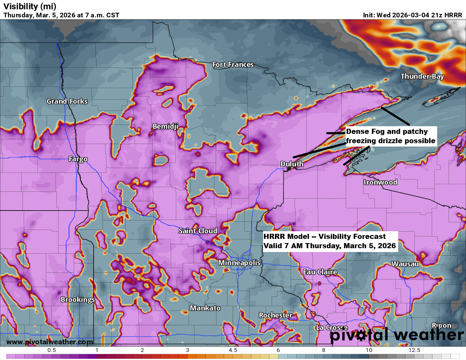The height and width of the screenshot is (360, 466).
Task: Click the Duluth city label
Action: point(292,164)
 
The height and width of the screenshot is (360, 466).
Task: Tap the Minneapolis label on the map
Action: point(239,263)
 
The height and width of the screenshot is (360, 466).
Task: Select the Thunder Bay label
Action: point(422,77)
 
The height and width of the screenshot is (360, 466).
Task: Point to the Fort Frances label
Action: point(233,65)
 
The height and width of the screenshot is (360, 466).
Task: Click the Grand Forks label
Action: point(67,101)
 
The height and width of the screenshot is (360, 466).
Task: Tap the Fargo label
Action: point(78,159)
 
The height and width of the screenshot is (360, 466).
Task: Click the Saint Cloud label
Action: point(198,231)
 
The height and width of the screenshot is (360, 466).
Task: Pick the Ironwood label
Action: point(380,182)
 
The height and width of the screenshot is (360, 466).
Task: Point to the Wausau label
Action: point(405,264)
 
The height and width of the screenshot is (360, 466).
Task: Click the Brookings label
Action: point(78,299)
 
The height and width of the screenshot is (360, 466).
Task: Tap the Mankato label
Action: point(205,308)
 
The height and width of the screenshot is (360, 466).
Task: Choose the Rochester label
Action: point(275,315)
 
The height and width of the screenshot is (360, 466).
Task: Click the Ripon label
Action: point(441,325)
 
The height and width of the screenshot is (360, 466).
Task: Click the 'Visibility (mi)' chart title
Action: point(30,6)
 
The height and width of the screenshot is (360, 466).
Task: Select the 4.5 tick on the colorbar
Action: point(233,350)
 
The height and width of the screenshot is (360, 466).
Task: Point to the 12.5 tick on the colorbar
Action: point(414,350)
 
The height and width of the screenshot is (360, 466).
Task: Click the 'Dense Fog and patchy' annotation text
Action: point(387,132)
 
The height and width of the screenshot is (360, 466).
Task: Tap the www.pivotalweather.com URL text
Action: point(50,342)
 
